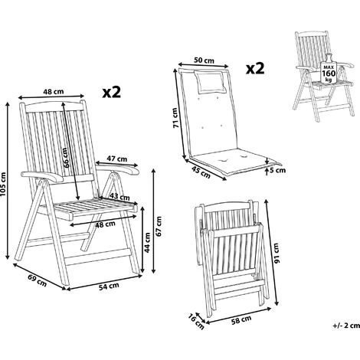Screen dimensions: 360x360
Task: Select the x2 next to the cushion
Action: (256, 69)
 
